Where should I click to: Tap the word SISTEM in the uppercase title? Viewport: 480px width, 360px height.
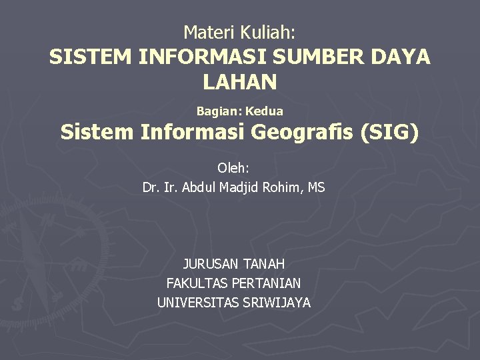(91, 57)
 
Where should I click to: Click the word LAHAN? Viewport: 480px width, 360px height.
(239, 83)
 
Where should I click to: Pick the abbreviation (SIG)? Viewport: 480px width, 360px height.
(390, 133)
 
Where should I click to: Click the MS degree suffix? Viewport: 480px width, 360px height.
(317, 188)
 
